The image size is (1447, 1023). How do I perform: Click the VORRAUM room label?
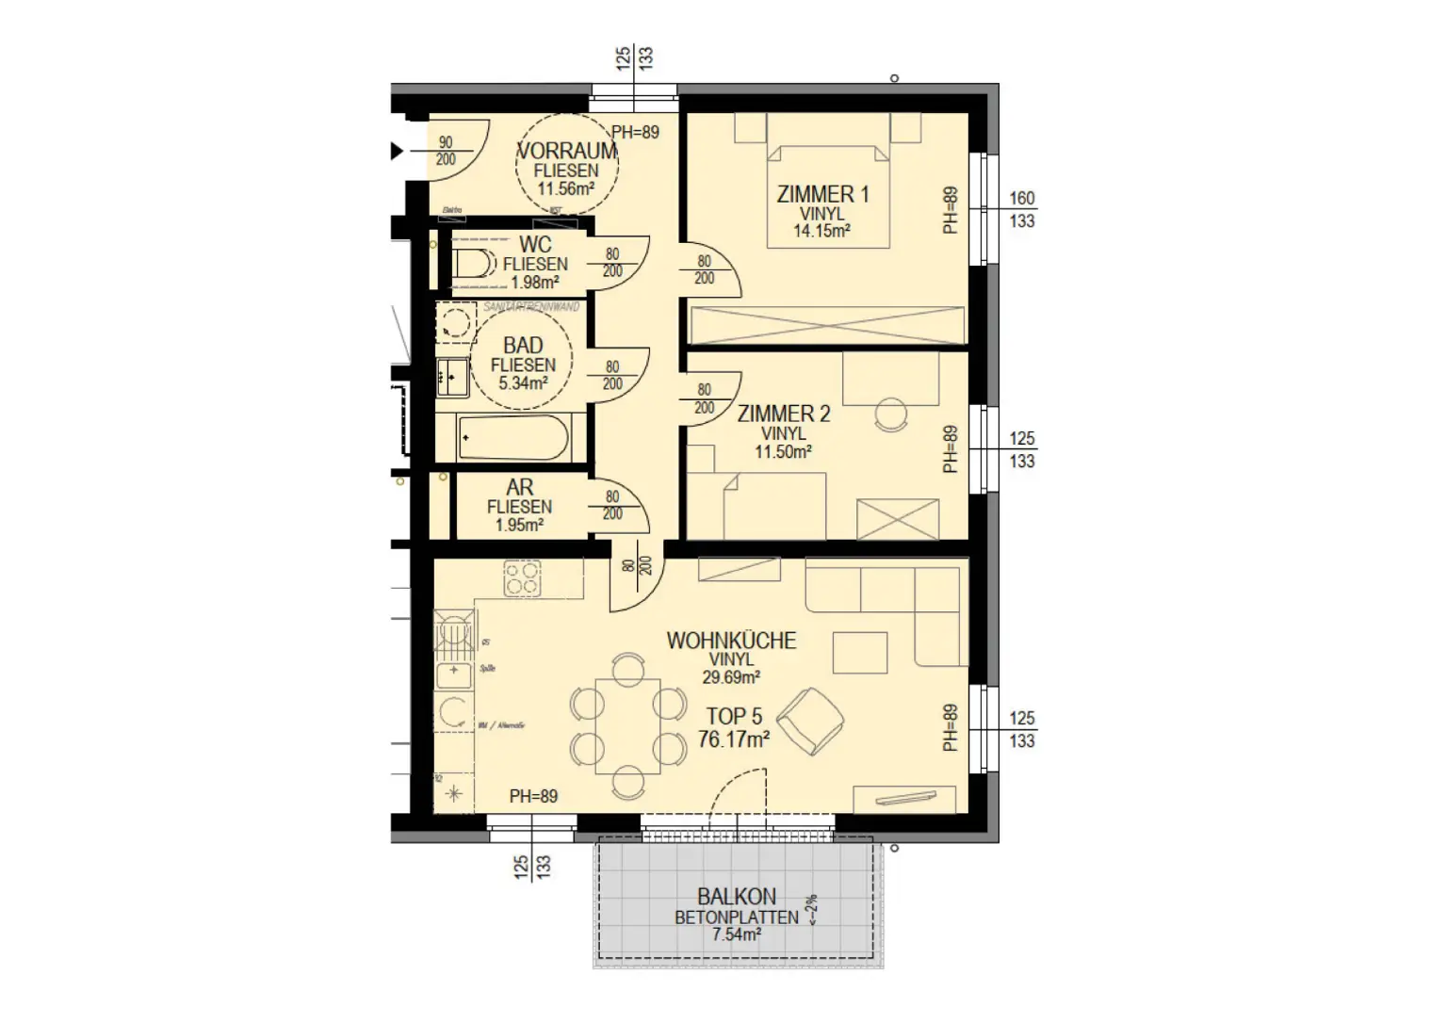[567, 151]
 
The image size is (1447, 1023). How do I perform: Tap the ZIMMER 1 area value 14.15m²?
[822, 231]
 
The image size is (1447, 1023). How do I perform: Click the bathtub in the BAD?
[513, 439]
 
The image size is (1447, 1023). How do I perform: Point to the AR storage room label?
[519, 488]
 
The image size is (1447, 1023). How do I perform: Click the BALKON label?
[737, 897]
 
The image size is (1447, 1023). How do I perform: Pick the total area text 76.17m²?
[734, 740]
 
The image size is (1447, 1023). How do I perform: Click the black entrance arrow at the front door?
[397, 151]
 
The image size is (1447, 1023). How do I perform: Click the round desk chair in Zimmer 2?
[890, 413]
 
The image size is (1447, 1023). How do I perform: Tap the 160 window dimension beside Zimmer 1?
[1021, 199]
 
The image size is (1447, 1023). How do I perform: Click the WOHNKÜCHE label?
[731, 641]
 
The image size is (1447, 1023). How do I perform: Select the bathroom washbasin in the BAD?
[452, 378]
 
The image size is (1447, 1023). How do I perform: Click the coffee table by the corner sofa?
[859, 653]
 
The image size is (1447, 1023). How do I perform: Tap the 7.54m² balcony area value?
[737, 935]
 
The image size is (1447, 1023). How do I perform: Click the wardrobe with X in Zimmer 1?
[828, 325]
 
